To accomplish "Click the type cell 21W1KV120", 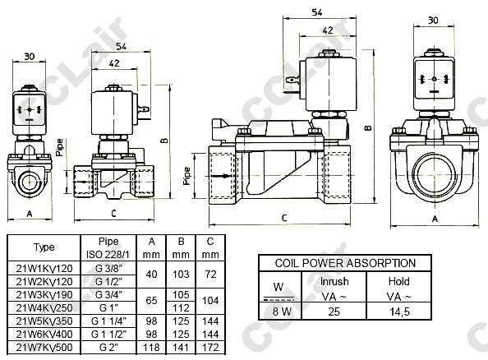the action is point(44,268).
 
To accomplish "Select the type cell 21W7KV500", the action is point(44,347).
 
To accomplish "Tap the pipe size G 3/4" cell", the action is point(108,294).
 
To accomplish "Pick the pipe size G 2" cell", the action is point(108,347).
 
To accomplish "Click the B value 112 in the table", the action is point(181,307).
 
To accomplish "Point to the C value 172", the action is point(210,347).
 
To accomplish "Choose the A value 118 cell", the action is point(151,347).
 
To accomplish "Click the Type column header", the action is point(44,247).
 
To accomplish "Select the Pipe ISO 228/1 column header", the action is point(108,248).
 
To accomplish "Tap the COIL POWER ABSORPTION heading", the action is point(345,263).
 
